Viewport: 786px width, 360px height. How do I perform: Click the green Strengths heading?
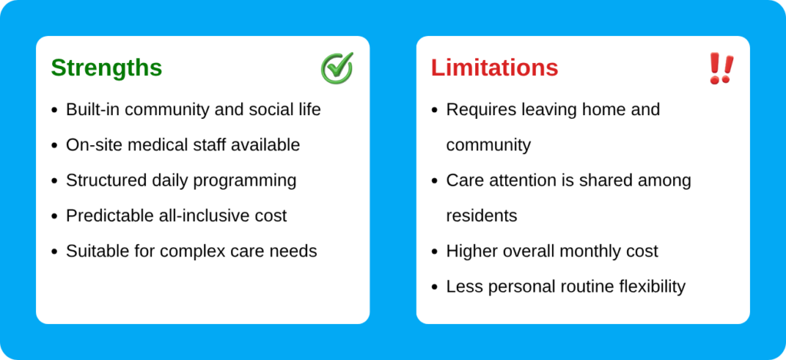(x=106, y=68)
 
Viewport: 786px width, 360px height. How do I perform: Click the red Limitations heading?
(x=495, y=68)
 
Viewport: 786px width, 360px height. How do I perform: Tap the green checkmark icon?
(x=338, y=68)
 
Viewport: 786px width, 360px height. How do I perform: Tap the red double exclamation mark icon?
(x=722, y=68)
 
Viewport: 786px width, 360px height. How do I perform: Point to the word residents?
(x=482, y=216)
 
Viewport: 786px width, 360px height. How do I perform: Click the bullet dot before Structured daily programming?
(x=54, y=181)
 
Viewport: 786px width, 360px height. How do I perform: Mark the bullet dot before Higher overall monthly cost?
(x=434, y=252)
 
